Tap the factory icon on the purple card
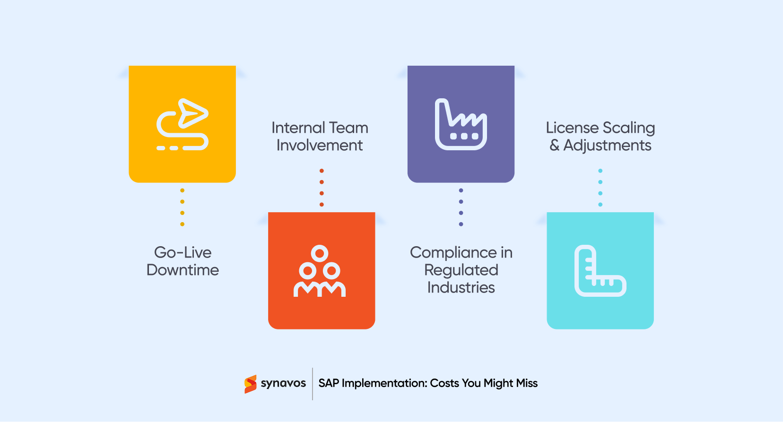[461, 125]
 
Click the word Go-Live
[183, 252]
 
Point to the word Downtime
[183, 270]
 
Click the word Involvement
[320, 145]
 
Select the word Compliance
[453, 253]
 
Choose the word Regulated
[461, 270]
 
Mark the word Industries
[461, 287]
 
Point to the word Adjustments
[608, 146]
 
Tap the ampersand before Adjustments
[554, 145]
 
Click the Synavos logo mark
[251, 384]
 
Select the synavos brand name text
[283, 383]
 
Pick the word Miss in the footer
[527, 383]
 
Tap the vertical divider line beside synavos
[313, 384]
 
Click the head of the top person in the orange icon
[320, 254]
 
